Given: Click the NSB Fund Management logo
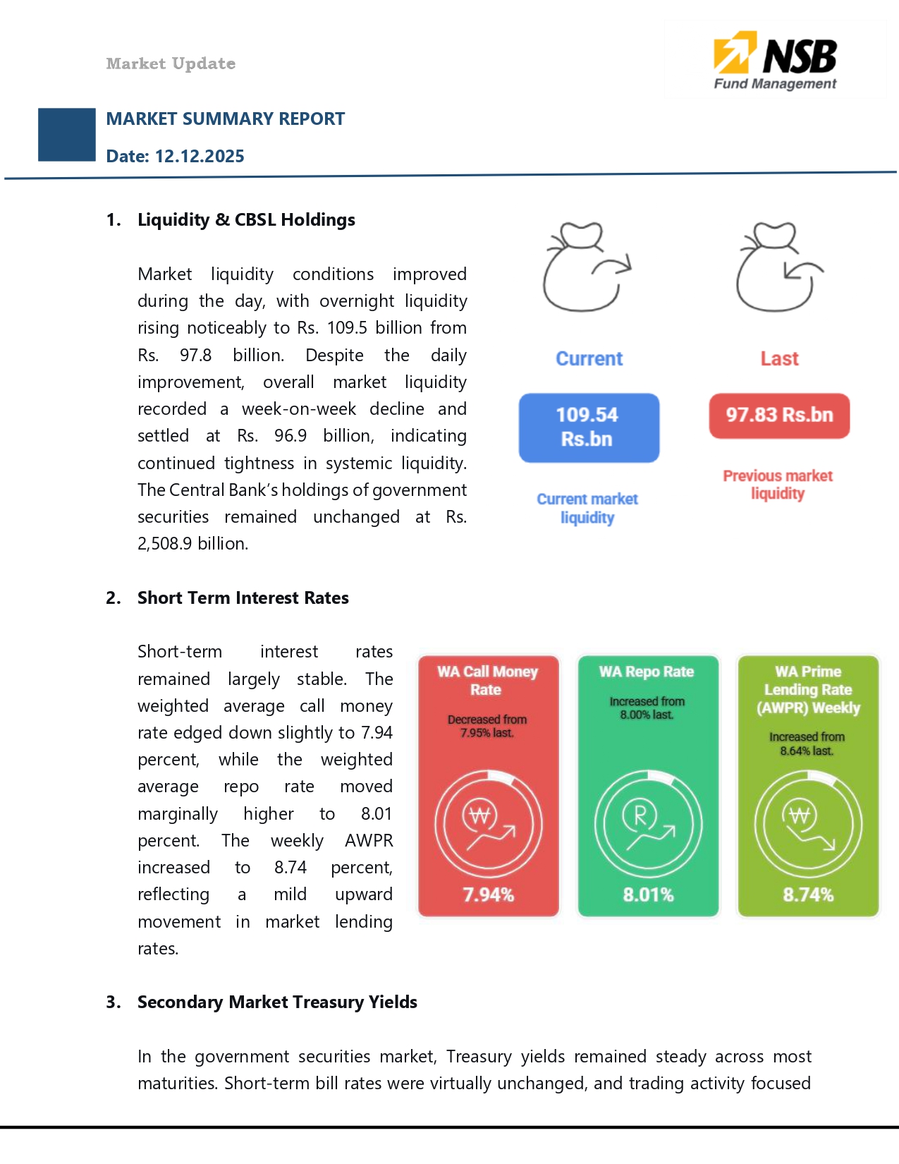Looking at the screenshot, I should pyautogui.click(x=775, y=61).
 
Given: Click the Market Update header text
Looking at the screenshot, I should pyautogui.click(x=171, y=63).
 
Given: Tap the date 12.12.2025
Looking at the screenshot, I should pyautogui.click(x=200, y=156).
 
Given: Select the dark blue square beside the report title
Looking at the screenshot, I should pyautogui.click(x=67, y=135).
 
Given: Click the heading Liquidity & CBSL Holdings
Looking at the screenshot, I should pyautogui.click(x=246, y=220).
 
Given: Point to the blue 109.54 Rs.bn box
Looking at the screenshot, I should pyautogui.click(x=589, y=428).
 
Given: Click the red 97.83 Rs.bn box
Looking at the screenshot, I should pyautogui.click(x=779, y=416).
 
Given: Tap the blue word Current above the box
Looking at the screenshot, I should pyautogui.click(x=589, y=358).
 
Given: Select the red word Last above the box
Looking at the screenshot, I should pyautogui.click(x=779, y=358).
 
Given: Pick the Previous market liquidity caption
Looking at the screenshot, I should pyautogui.click(x=778, y=485).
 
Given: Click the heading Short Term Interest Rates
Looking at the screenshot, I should pyautogui.click(x=243, y=598).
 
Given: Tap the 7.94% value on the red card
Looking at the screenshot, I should pyautogui.click(x=488, y=895).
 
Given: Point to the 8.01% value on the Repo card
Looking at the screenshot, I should pyautogui.click(x=648, y=895).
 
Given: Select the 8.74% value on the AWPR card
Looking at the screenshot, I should pyautogui.click(x=808, y=895).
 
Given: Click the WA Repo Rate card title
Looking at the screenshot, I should pyautogui.click(x=647, y=672).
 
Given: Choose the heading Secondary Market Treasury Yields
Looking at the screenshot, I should pyautogui.click(x=277, y=1002).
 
